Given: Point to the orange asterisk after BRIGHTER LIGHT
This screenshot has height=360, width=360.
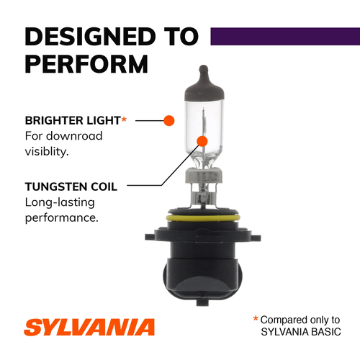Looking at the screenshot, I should (123, 118).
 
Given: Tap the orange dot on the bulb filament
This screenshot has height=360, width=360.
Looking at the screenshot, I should (202, 140).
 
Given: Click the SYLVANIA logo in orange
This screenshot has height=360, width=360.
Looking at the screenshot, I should (90, 327).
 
